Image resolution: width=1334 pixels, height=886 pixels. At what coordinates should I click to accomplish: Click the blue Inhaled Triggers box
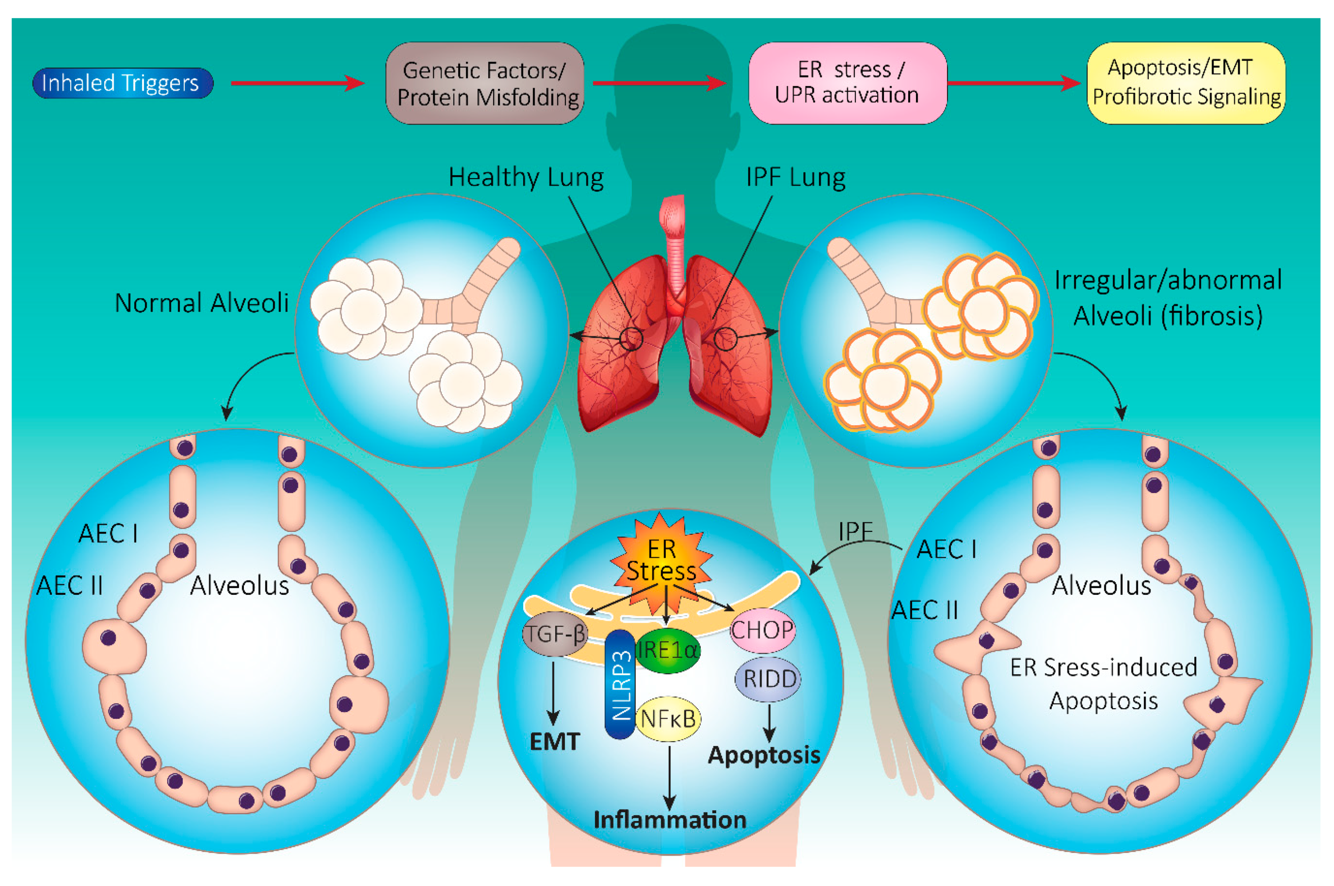coord(122,83)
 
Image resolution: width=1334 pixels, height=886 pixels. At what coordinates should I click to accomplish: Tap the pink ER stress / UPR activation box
coord(847,83)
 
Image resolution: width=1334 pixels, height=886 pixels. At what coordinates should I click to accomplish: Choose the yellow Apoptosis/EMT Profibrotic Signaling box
coord(1186,83)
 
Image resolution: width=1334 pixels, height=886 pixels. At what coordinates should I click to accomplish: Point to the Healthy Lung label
coord(525,177)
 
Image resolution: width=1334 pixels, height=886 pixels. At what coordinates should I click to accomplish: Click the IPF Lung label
coord(795,177)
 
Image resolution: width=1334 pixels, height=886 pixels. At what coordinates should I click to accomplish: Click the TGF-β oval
coord(555,634)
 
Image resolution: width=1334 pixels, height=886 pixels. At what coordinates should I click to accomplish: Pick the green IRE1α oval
coord(667,650)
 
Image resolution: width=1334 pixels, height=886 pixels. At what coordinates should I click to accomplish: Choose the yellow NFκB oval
coord(668,719)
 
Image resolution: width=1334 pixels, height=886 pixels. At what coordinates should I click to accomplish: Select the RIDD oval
coord(769,679)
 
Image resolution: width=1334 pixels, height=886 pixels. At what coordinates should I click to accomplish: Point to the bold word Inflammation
coord(670,819)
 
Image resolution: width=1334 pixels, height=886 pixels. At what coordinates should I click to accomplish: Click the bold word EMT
coord(554,741)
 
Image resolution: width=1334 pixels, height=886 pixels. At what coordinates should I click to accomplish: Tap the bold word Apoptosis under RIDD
coord(763,755)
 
